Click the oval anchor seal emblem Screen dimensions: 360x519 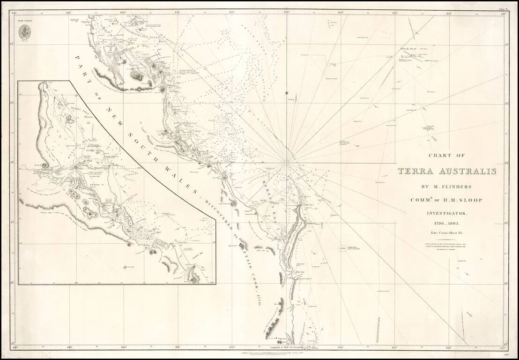click(x=24, y=32)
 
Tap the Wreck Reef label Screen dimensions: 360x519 click(x=408, y=48)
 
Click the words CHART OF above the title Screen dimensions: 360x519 click(x=446, y=157)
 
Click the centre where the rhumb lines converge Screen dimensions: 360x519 click(x=286, y=163)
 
